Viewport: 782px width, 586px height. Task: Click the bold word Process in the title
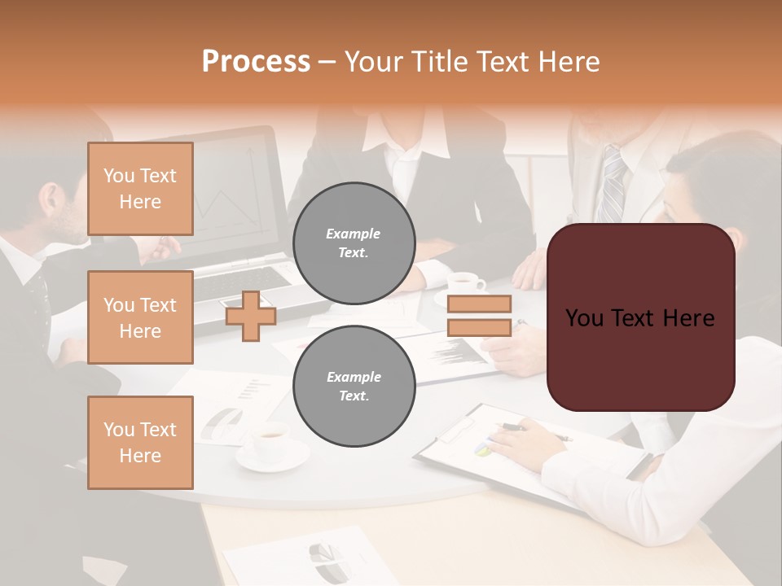[x=256, y=61]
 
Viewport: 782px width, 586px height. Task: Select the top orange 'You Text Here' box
[x=140, y=189]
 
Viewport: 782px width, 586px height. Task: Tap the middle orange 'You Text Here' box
[x=140, y=317]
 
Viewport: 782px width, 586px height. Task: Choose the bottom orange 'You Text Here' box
[x=140, y=443]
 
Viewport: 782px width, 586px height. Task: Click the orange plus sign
[x=250, y=316]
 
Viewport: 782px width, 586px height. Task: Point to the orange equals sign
[x=479, y=316]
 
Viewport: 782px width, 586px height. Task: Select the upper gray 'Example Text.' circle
[x=354, y=243]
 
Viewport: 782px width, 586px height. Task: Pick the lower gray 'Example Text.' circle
[x=354, y=387]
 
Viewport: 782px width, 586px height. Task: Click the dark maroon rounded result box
[x=640, y=317]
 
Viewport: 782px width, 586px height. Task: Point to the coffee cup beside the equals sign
[x=465, y=284]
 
